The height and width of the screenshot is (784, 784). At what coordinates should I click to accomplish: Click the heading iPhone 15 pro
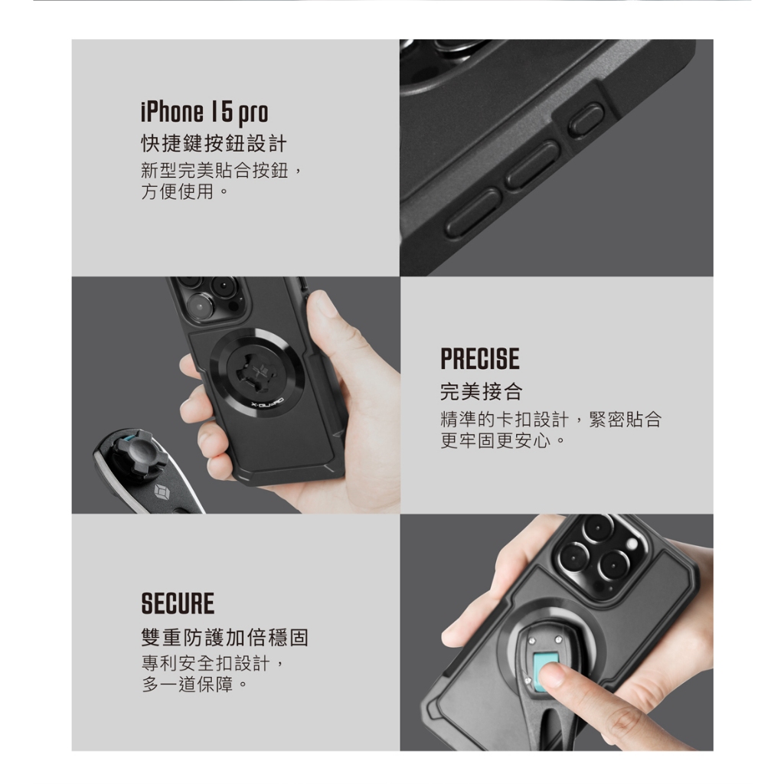tap(204, 113)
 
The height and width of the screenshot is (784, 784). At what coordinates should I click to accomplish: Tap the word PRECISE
tap(480, 359)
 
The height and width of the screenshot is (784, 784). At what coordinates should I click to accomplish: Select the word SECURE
tap(178, 603)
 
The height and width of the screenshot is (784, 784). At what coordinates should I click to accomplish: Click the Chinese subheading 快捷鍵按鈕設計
tap(214, 144)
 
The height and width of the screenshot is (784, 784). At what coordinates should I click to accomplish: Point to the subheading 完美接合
tap(482, 391)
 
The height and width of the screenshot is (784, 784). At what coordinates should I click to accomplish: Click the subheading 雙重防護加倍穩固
tap(225, 638)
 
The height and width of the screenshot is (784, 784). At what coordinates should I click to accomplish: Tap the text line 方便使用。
tap(185, 191)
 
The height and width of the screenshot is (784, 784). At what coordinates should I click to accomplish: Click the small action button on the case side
tap(586, 120)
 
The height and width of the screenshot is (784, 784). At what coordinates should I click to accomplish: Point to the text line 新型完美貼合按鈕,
tap(221, 171)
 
